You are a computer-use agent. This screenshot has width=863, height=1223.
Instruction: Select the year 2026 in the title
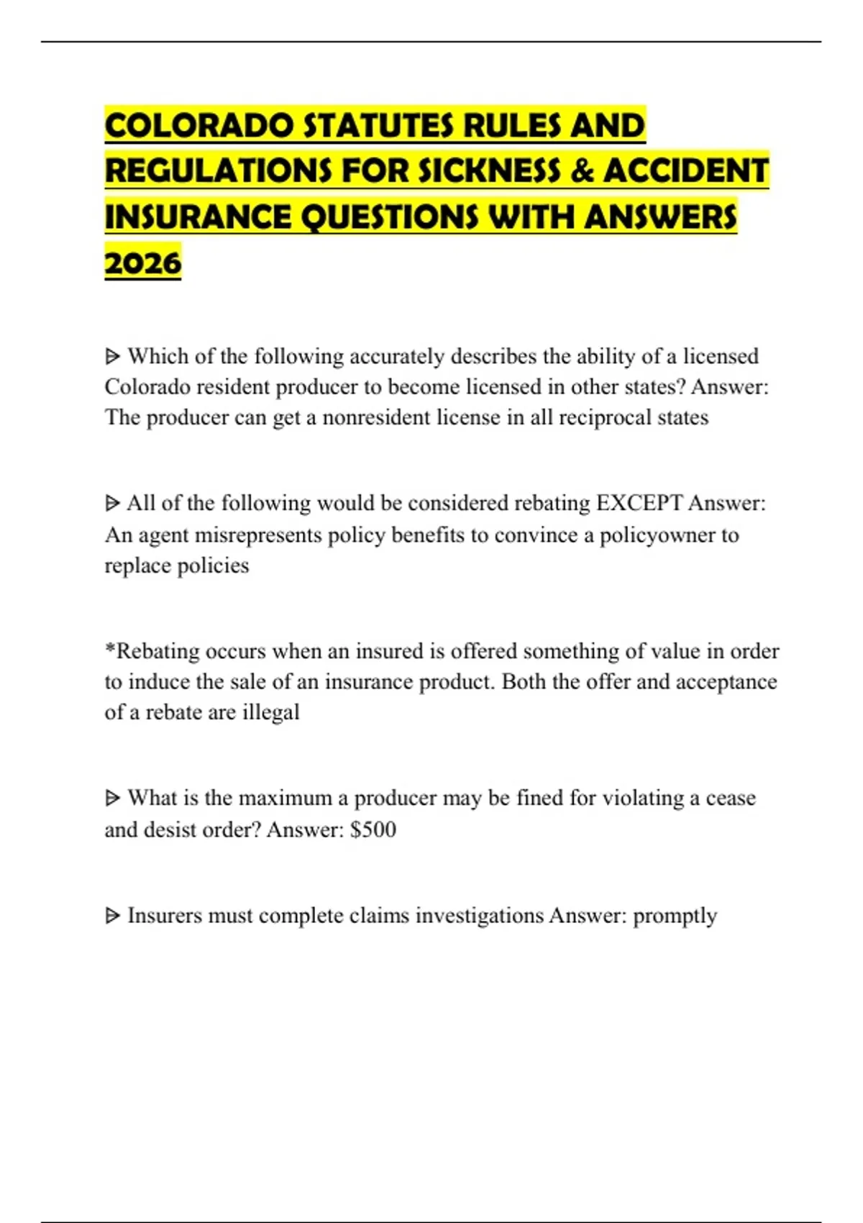[x=143, y=263]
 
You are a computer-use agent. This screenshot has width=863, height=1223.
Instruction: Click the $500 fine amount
[x=373, y=829]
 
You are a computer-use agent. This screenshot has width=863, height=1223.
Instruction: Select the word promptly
[x=675, y=916]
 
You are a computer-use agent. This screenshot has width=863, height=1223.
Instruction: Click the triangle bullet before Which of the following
[x=112, y=356]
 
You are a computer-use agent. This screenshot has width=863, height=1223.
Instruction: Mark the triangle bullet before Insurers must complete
[x=112, y=916]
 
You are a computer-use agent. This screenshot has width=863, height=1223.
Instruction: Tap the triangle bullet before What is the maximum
[x=112, y=798]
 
